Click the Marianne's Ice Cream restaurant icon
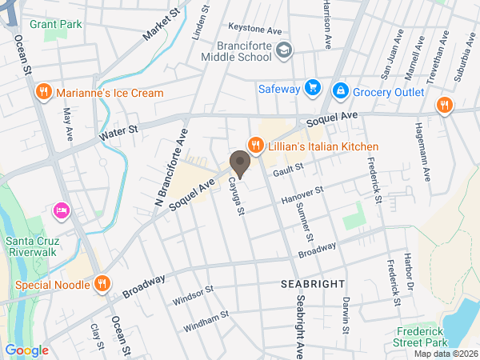coord(44,93)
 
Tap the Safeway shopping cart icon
coord(312,88)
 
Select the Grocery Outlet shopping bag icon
coord(340,89)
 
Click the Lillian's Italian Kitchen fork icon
coord(255,146)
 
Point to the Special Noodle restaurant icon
coord(102,283)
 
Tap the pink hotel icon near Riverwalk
coord(60,210)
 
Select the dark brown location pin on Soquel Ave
coord(239,164)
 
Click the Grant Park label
coord(56,24)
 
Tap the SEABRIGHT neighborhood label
coord(312,284)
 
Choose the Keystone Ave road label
coord(255,30)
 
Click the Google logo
coord(26,350)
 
